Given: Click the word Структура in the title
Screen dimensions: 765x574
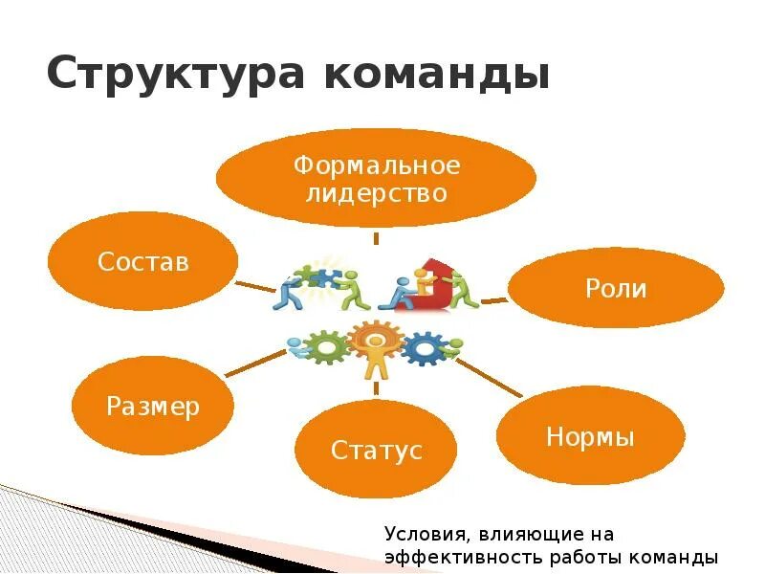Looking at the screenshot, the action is pyautogui.click(x=175, y=74).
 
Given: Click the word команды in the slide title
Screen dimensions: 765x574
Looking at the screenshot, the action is pyautogui.click(x=439, y=74).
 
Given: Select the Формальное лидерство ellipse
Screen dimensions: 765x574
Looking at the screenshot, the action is pyautogui.click(x=376, y=178).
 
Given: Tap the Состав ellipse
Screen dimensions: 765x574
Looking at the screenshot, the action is pyautogui.click(x=142, y=261).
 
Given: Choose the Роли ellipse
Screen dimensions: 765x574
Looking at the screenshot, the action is pyautogui.click(x=616, y=288).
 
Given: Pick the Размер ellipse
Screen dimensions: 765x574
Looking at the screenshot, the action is pyautogui.click(x=153, y=406).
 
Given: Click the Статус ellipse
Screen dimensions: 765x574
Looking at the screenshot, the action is pyautogui.click(x=376, y=450).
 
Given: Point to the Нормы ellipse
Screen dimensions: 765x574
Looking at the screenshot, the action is pyautogui.click(x=590, y=436).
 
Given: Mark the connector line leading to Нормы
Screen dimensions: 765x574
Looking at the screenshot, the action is pyautogui.click(x=489, y=378).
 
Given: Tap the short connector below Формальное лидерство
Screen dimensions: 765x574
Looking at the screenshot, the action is pyautogui.click(x=376, y=237).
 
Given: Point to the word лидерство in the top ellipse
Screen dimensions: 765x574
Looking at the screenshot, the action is pyautogui.click(x=376, y=193).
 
